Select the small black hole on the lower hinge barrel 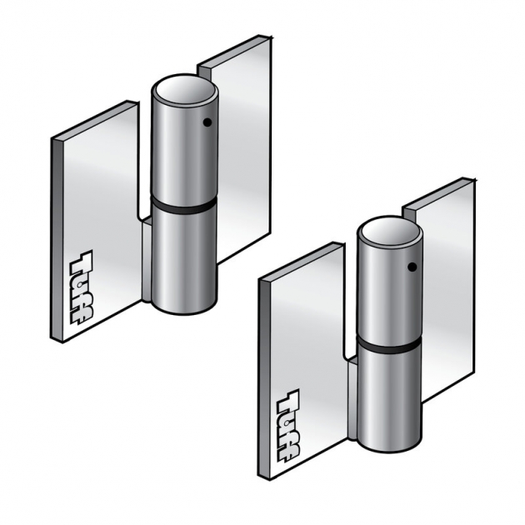click(412, 267)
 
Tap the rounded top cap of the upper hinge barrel click(186, 89)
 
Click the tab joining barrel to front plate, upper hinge click(146, 258)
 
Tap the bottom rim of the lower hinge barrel click(390, 451)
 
